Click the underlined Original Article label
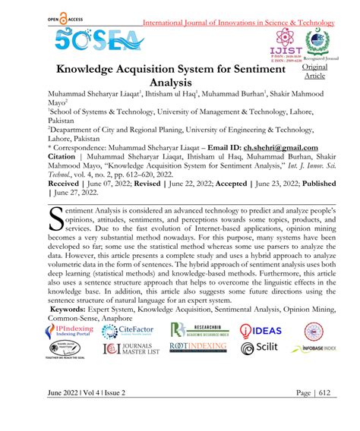[314, 72]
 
